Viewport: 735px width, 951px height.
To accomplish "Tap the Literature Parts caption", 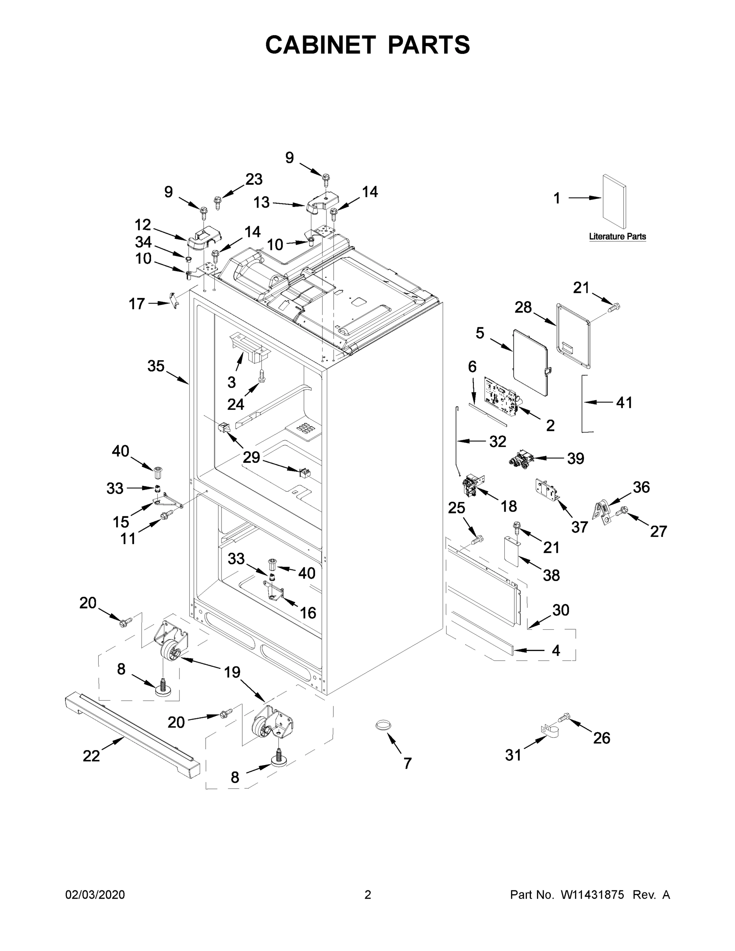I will click(617, 237).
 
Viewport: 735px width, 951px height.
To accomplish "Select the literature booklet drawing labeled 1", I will click(615, 202).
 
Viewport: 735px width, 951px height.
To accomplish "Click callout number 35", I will click(155, 366).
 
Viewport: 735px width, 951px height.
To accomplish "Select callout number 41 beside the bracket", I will click(624, 403).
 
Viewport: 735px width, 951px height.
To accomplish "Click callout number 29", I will click(251, 457).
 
